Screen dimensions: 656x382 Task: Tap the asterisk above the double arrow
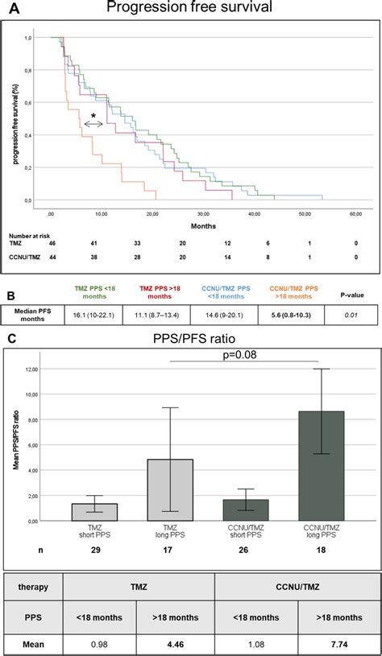click(93, 117)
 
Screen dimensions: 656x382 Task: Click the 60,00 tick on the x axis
click(355, 213)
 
